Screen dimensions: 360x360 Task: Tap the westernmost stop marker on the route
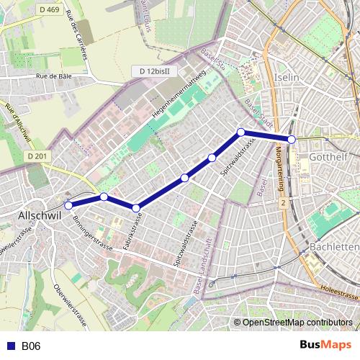pyautogui.click(x=69, y=205)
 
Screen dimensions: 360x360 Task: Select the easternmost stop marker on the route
pyautogui.click(x=292, y=139)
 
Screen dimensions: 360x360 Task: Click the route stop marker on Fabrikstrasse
pyautogui.click(x=136, y=209)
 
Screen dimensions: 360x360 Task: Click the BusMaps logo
pyautogui.click(x=325, y=346)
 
